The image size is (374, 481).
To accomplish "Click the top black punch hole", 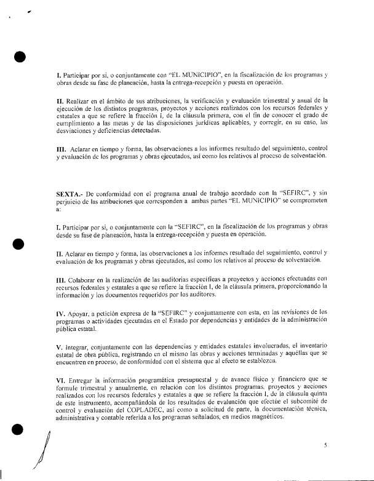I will click(19, 57).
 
